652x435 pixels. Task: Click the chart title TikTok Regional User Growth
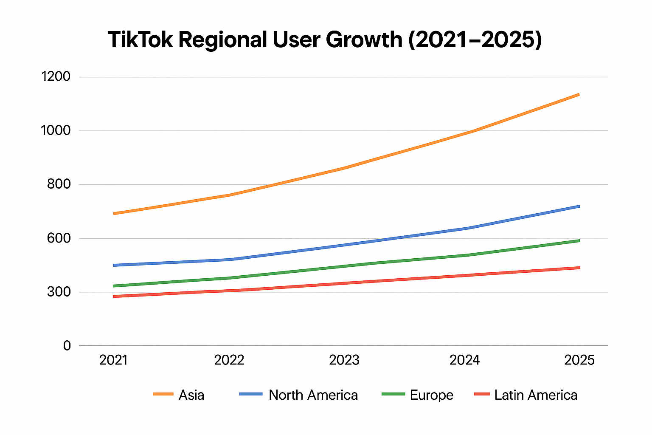point(325,40)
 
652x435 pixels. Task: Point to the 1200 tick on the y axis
point(55,77)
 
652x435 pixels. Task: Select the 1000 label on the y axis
point(55,130)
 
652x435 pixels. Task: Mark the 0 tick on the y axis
point(67,346)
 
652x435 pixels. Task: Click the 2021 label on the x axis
point(113,360)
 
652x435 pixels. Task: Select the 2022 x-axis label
point(229,360)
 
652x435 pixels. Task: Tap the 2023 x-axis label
point(344,360)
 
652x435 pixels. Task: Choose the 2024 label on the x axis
point(465,360)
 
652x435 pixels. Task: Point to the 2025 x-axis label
point(579,360)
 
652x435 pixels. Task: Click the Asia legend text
point(191,395)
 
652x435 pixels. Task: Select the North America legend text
point(313,395)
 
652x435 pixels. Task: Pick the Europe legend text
point(432,395)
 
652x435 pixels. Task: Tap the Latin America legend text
point(536,395)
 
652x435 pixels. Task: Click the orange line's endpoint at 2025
point(579,94)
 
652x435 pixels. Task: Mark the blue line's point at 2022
point(229,259)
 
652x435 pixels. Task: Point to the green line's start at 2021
point(114,286)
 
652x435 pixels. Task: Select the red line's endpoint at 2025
point(579,268)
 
